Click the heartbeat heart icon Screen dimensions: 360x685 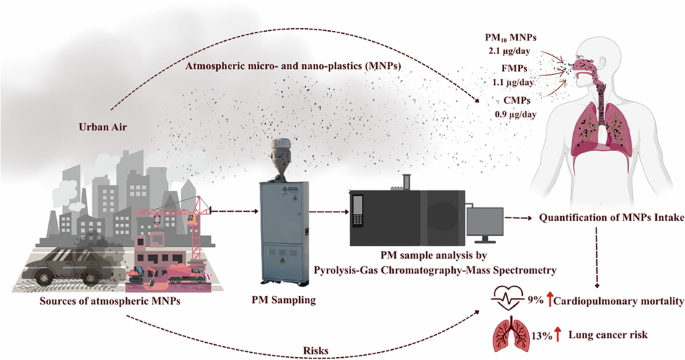(x=510, y=297)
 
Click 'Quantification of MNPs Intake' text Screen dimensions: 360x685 (x=610, y=217)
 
